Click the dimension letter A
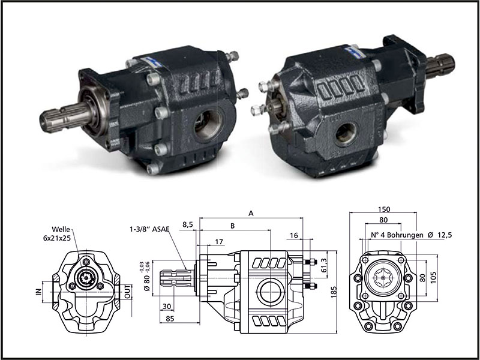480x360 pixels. (251, 212)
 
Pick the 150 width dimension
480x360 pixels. (384, 209)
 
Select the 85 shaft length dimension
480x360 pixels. (170, 319)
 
